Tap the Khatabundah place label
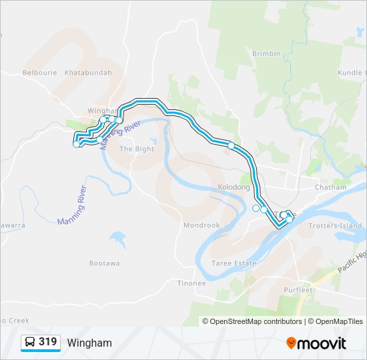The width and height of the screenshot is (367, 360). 88,73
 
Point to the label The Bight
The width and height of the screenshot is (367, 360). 136,149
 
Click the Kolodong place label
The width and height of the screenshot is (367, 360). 234,187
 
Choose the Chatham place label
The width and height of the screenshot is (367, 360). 332,187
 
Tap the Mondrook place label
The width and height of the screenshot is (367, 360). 202,225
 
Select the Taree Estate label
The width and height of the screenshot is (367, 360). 234,263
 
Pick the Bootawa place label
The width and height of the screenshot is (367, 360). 105,263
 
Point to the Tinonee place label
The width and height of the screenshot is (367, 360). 192,283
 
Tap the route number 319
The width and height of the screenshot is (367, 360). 47,342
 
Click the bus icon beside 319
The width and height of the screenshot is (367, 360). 31,343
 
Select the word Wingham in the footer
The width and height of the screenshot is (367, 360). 89,343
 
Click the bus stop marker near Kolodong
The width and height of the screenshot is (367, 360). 232,145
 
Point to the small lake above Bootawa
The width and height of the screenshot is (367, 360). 117,238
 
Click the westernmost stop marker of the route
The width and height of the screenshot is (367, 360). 76,144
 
